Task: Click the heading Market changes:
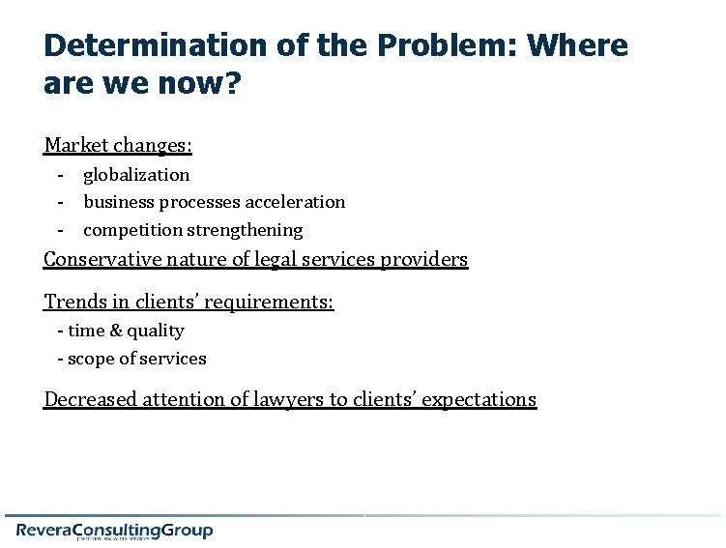click(x=118, y=146)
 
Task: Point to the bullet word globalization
click(x=136, y=175)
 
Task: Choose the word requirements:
click(x=276, y=302)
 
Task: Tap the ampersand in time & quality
click(x=115, y=331)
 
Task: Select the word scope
click(x=89, y=359)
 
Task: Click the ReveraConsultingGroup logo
click(x=114, y=530)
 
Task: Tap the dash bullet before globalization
click(x=60, y=175)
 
